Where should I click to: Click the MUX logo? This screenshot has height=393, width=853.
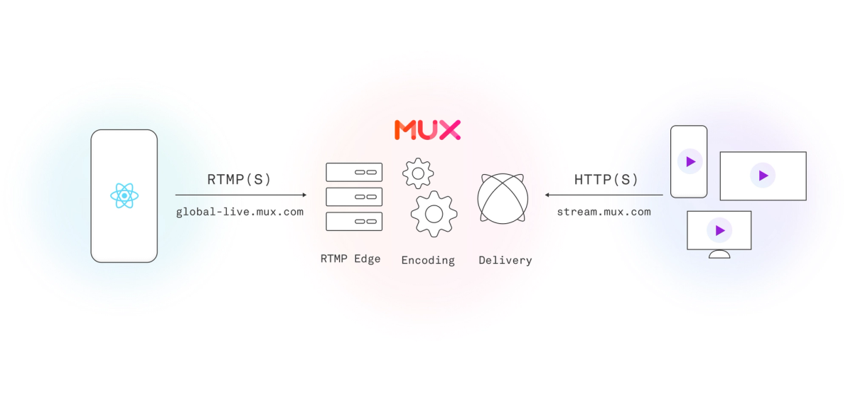click(427, 129)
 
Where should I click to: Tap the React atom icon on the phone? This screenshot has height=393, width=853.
click(124, 195)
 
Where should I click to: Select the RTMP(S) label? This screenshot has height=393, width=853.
click(240, 180)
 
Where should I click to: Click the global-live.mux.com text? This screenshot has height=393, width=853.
click(240, 212)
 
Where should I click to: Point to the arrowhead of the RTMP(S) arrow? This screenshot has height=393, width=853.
click(304, 195)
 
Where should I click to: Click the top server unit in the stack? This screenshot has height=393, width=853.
click(354, 172)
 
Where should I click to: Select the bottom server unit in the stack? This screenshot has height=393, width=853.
click(354, 221)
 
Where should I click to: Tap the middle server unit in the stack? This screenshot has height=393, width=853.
click(354, 197)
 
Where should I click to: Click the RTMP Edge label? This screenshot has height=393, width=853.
click(350, 259)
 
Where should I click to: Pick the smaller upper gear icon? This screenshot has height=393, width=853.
click(418, 173)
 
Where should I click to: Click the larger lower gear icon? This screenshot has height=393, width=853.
click(434, 213)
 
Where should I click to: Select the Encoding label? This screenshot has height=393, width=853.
click(428, 260)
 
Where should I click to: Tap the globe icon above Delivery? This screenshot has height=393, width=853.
click(503, 198)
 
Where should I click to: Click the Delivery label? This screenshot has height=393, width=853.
click(505, 260)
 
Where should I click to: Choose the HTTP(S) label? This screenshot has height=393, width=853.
click(606, 180)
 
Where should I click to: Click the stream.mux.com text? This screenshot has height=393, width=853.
click(603, 212)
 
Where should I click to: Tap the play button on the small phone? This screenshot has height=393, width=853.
click(690, 162)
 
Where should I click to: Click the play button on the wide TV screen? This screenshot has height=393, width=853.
click(763, 176)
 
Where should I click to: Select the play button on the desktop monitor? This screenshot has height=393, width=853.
click(719, 230)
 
